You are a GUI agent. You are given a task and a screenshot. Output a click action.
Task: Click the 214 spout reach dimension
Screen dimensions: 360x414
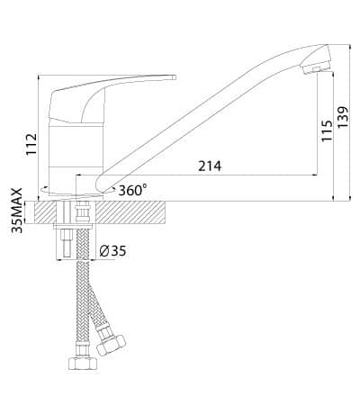tap(210, 166)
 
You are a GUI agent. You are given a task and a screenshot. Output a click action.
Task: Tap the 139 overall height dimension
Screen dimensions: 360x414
tap(344, 117)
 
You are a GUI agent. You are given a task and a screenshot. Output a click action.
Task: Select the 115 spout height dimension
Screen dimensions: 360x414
tap(327, 130)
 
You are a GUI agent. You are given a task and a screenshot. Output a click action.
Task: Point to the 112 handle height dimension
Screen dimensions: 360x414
tap(31, 144)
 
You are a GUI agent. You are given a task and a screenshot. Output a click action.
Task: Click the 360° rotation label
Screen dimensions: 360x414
tap(132, 190)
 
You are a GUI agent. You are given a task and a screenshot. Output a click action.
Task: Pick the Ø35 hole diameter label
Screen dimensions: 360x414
tap(112, 251)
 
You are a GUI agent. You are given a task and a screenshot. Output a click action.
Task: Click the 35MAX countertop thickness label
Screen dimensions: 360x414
tap(17, 211)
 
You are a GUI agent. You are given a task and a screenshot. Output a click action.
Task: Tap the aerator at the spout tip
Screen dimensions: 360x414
tap(316, 68)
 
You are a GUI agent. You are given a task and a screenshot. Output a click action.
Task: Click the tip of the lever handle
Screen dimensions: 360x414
tap(175, 77)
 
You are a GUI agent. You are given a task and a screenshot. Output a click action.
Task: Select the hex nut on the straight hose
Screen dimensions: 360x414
tap(83, 363)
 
